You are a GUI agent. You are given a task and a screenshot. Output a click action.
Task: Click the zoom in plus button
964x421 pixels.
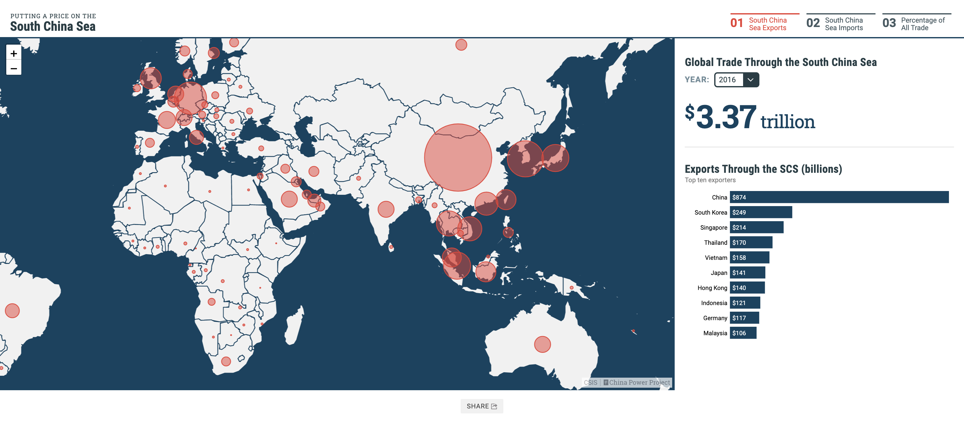pyautogui.click(x=14, y=53)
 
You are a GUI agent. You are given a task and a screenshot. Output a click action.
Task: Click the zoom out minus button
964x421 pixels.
pyautogui.click(x=14, y=68)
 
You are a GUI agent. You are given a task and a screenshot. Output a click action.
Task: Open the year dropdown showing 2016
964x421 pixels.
pyautogui.click(x=736, y=80)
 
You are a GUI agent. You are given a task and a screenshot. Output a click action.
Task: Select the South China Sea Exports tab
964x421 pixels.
pyautogui.click(x=764, y=24)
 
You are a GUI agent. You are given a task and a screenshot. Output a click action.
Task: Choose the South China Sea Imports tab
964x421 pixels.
pyautogui.click(x=840, y=24)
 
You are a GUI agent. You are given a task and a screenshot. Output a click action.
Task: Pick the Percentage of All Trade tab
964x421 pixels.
pyautogui.click(x=916, y=24)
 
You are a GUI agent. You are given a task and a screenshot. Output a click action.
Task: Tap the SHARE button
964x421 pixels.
pyautogui.click(x=482, y=406)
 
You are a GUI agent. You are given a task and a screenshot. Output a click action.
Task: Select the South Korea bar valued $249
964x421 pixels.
pyautogui.click(x=760, y=212)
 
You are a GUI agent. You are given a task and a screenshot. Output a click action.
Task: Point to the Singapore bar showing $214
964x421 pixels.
pyautogui.click(x=756, y=227)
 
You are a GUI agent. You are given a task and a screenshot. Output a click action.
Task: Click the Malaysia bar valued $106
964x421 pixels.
pyautogui.click(x=743, y=333)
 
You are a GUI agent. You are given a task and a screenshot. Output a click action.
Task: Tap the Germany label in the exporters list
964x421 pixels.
pyautogui.click(x=715, y=318)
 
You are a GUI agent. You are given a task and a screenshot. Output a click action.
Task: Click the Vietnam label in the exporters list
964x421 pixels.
pyautogui.click(x=715, y=258)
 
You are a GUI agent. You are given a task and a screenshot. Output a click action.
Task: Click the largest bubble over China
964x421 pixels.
pyautogui.click(x=458, y=157)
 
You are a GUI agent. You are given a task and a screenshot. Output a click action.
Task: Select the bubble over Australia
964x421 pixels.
pyautogui.click(x=542, y=344)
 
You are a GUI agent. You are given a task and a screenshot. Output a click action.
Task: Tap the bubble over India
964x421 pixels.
pyautogui.click(x=386, y=209)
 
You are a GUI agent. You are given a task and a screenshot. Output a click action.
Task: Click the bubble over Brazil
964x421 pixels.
pyautogui.click(x=12, y=310)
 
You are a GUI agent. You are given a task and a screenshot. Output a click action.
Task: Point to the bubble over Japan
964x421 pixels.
pyautogui.click(x=555, y=158)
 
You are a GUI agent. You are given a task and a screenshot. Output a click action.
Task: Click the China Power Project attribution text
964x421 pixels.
pyautogui.click(x=639, y=382)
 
